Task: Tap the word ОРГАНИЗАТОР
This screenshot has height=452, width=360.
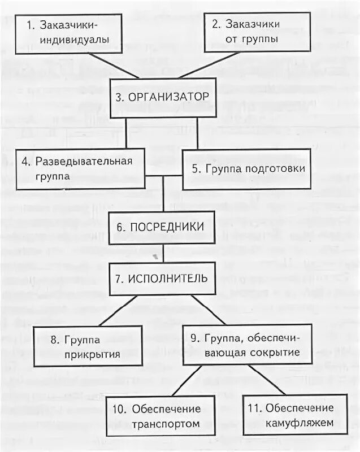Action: coord(169,97)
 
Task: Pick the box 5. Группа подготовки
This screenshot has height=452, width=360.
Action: coord(246,169)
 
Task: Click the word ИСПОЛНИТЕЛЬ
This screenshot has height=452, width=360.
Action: coord(168,279)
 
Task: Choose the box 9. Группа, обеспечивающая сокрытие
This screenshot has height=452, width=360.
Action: coord(247,345)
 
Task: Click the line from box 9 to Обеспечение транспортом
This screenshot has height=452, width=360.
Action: coord(181,380)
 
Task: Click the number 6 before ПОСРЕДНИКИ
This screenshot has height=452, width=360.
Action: coord(120,227)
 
